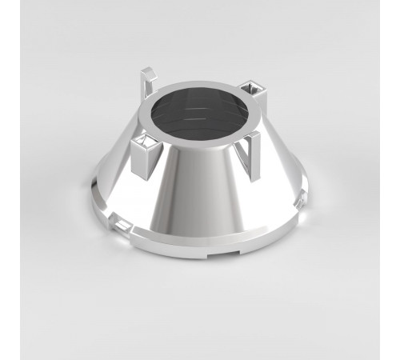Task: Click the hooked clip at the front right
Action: click(252, 152)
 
